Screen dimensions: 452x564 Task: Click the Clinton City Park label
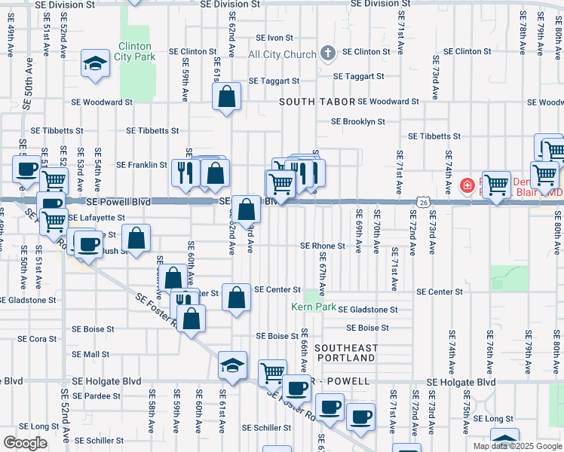coord(134,50)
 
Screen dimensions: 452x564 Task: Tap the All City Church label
coord(283,54)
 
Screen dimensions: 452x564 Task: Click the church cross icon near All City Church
coord(327,53)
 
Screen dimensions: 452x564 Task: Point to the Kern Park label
coord(314,307)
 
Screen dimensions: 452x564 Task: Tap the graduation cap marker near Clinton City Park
coord(95,64)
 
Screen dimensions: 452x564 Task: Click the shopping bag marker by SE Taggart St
coord(226,96)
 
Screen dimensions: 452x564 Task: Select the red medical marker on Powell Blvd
coord(467,185)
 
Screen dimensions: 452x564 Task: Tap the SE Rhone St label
coord(322,246)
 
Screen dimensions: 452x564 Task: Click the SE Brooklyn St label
coord(358,121)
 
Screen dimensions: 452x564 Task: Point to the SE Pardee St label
coord(96,395)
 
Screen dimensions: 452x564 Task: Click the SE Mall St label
coord(90,354)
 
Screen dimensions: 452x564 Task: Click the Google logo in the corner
coord(25,443)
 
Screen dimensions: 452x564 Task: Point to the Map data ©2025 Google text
coord(516,446)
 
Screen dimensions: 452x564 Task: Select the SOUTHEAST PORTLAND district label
coord(346,353)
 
